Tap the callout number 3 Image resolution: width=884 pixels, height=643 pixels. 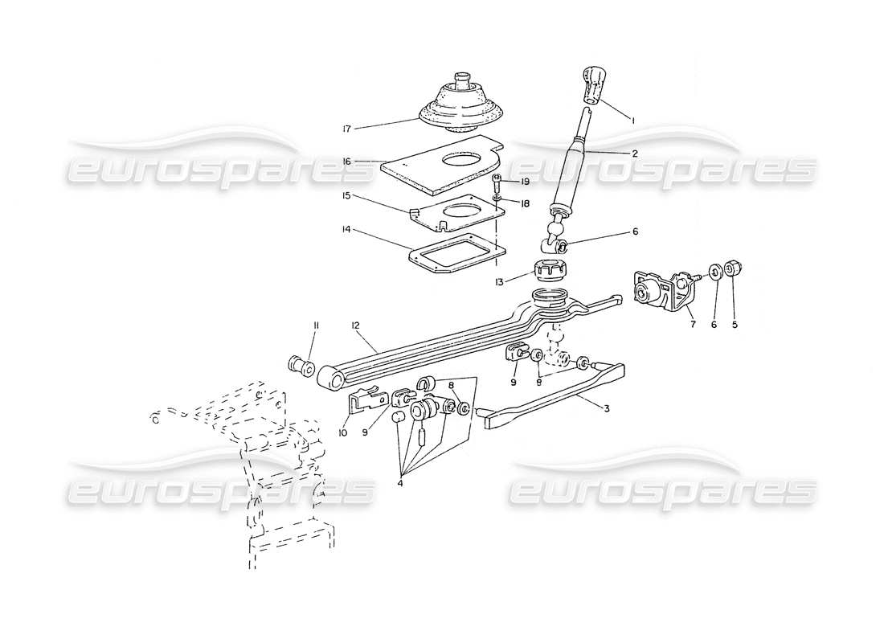(607, 408)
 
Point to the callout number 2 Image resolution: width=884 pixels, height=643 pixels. (634, 153)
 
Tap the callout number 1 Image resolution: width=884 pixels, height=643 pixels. (634, 120)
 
